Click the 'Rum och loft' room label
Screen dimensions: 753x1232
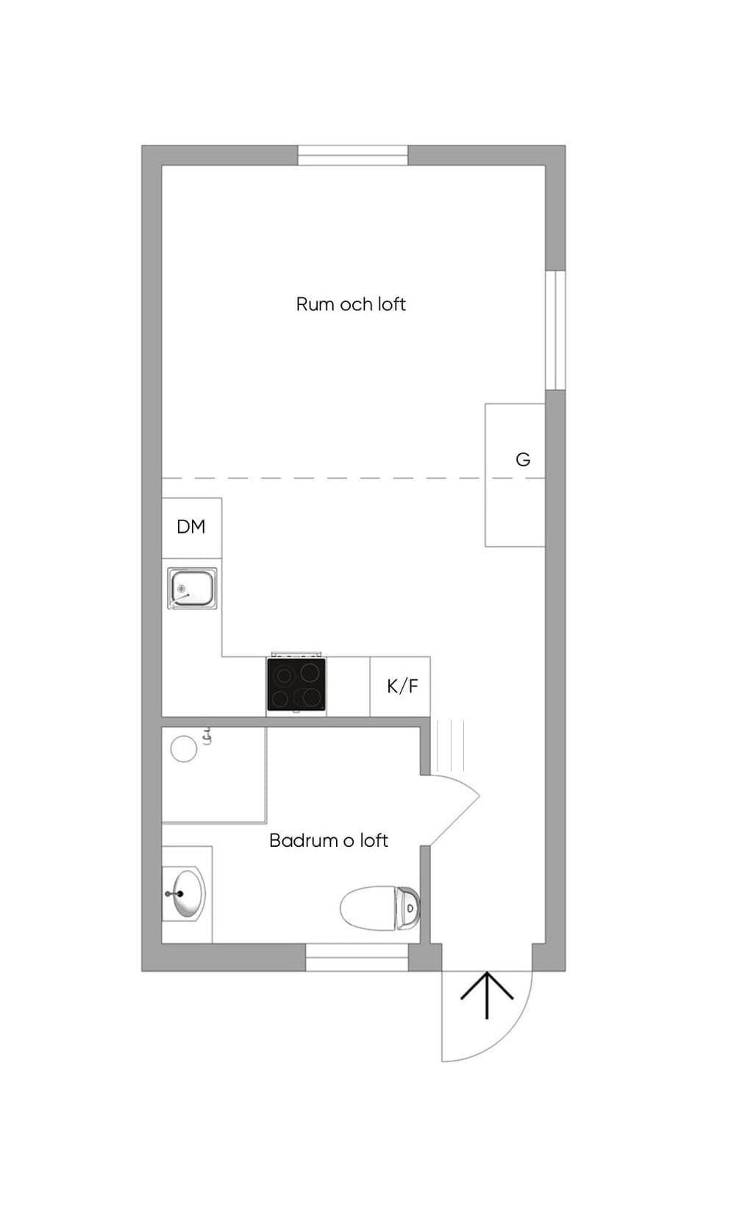pos(351,304)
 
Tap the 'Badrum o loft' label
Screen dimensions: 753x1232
pos(329,840)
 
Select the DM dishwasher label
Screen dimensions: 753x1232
pos(191,527)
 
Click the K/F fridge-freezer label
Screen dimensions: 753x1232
pos(403,686)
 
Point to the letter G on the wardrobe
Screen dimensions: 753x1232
pos(523,459)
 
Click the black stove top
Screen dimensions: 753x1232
pos(296,684)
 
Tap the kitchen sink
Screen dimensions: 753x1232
pos(192,589)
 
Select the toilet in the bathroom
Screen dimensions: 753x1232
pos(380,908)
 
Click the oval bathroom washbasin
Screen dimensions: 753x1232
pos(185,894)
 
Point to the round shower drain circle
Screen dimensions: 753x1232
pos(184,748)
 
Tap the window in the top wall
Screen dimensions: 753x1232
pos(352,155)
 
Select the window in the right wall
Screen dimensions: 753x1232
pos(555,330)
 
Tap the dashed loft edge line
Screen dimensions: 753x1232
pos(353,479)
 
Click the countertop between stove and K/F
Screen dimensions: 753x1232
pos(348,687)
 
